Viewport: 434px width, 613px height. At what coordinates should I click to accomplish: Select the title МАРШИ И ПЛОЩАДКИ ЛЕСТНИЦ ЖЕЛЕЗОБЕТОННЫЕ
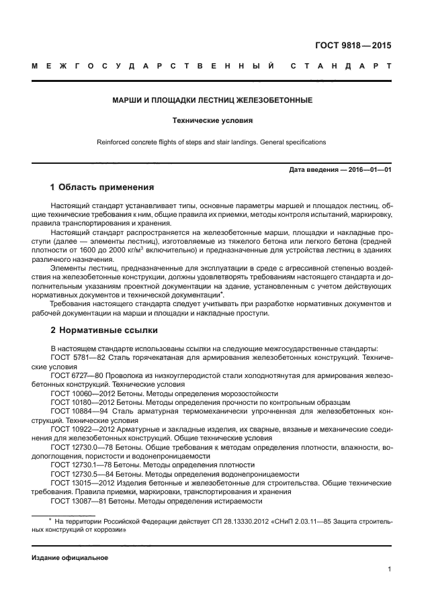tap(212, 101)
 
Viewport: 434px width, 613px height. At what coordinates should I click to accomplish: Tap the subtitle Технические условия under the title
tap(212, 122)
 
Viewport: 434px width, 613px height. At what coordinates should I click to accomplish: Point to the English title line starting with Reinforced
tap(212, 142)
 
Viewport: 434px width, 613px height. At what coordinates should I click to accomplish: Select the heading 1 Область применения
tap(102, 187)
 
